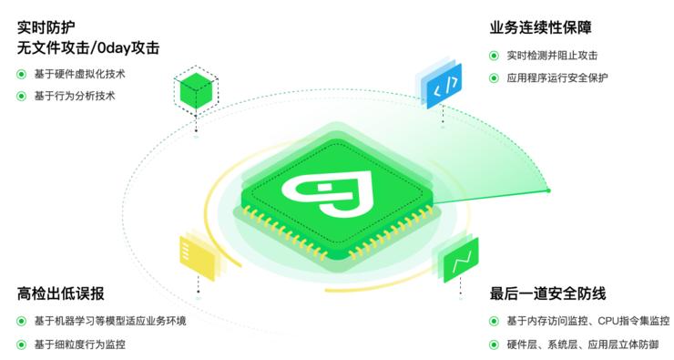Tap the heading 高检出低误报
(x=60, y=293)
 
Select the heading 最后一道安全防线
(x=548, y=293)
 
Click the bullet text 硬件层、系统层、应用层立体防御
(x=581, y=345)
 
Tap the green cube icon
(x=196, y=89)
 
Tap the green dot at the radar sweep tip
(x=548, y=190)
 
